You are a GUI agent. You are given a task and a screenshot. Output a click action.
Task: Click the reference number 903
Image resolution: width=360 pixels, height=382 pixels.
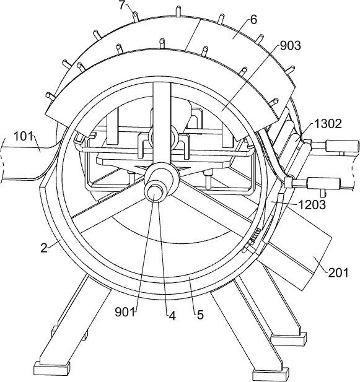tap(290, 46)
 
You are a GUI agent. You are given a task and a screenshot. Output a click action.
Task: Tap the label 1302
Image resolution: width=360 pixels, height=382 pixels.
tap(328, 124)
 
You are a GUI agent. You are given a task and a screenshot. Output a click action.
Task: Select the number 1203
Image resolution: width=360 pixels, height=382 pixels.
tap(312, 205)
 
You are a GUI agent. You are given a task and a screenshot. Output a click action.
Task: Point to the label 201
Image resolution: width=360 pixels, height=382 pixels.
tap(338, 272)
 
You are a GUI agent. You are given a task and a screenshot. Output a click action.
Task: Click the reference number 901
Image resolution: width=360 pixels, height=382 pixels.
tap(125, 312)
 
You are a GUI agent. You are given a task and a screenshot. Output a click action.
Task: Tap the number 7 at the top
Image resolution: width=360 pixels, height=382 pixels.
tap(122, 6)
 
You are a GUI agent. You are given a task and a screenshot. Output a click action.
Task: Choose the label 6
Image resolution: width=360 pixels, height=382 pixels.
tap(253, 20)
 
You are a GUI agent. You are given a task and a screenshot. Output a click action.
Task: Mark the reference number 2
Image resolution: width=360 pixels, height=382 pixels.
tap(43, 248)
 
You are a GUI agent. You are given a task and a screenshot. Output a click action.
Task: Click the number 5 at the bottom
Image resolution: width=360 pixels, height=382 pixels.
tap(200, 315)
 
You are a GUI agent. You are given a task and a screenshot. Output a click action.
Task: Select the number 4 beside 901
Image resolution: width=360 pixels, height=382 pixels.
tap(172, 316)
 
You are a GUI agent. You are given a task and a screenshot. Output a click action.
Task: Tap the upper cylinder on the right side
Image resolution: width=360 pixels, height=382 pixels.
tap(341, 146)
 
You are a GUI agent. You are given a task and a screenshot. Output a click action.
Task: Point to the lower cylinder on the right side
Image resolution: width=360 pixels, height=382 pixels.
tap(324, 183)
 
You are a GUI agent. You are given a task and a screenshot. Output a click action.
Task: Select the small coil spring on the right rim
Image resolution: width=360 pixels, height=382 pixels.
tap(255, 237)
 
